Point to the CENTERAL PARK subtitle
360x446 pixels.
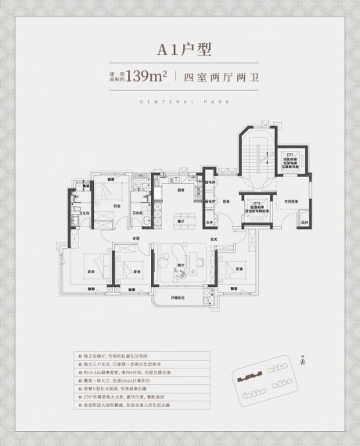click(x=180, y=102)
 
